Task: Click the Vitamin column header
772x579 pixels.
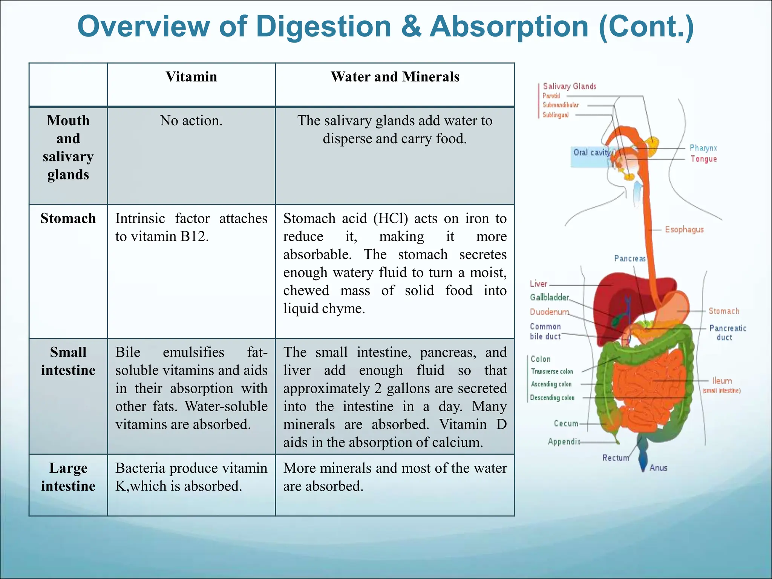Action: pyautogui.click(x=191, y=77)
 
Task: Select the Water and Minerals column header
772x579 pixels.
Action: pyautogui.click(x=395, y=77)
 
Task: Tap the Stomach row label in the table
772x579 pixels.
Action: pyautogui.click(x=68, y=219)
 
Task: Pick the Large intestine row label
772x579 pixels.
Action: pyautogui.click(x=68, y=477)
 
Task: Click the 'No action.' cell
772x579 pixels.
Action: pyautogui.click(x=191, y=121)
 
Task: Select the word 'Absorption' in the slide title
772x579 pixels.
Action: pyautogui.click(x=509, y=26)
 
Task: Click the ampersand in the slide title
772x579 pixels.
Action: pyautogui.click(x=411, y=26)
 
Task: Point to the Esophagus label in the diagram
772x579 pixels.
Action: pyautogui.click(x=684, y=230)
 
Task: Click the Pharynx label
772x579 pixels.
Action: pyautogui.click(x=703, y=148)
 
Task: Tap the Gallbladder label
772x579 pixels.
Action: pyautogui.click(x=549, y=297)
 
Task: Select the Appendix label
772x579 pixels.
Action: pyautogui.click(x=564, y=441)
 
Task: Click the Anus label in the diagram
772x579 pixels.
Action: pyautogui.click(x=658, y=468)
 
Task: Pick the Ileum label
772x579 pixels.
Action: pyautogui.click(x=722, y=381)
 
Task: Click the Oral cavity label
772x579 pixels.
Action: pyautogui.click(x=591, y=152)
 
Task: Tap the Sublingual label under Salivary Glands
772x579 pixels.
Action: pyautogui.click(x=555, y=115)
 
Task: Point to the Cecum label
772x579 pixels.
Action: pyautogui.click(x=566, y=423)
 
